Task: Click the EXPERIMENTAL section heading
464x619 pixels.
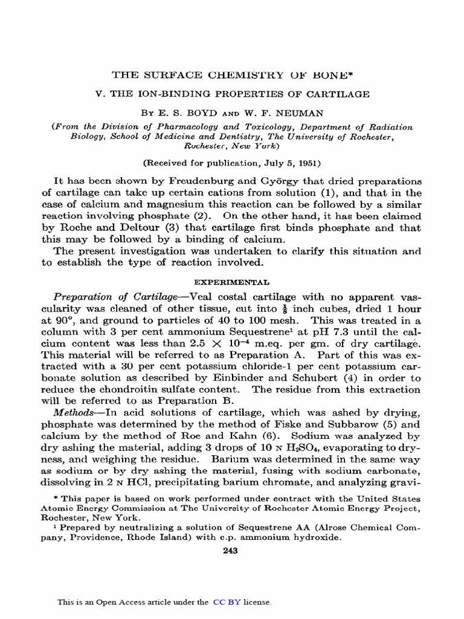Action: [x=231, y=282]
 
